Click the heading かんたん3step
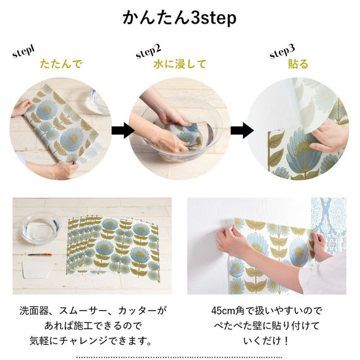pos(179,18)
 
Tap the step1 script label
pos(24,52)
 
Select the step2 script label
pos(149,52)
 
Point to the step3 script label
pos(282,52)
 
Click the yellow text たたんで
pos(61,64)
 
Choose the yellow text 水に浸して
pos(179,64)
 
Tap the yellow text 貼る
pos(298,64)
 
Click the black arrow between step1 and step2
pos(123,130)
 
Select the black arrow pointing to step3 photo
pos(242,130)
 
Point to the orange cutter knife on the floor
pos(40,255)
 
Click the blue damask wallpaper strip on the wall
pos(328,226)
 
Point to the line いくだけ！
pos(266,340)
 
